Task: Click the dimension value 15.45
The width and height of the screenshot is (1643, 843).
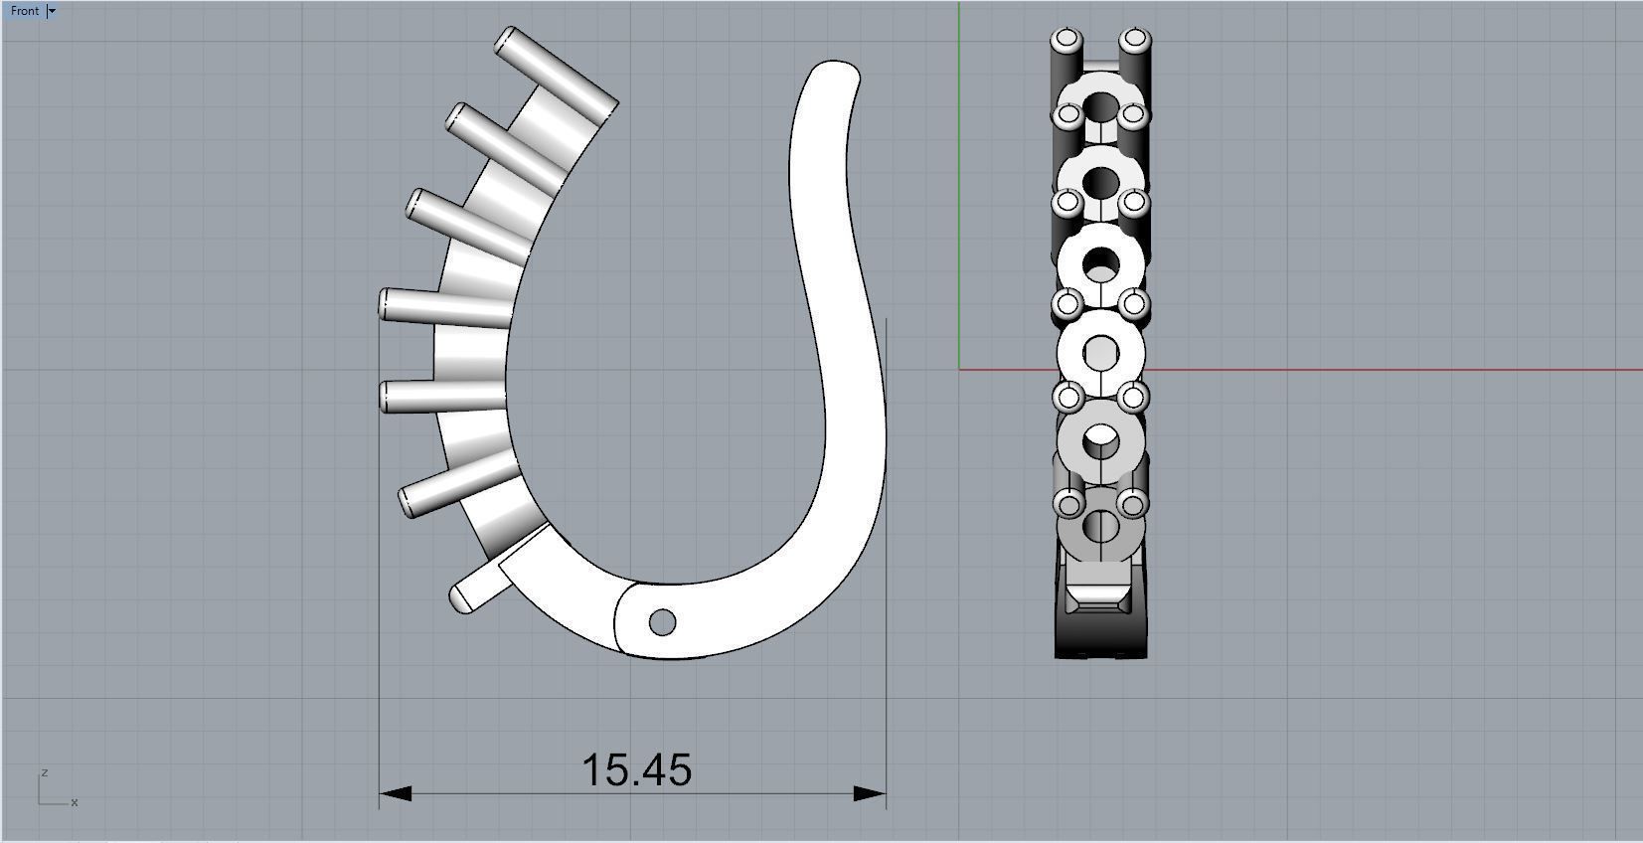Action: pyautogui.click(x=636, y=770)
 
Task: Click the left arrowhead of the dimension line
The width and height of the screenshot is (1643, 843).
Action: pyautogui.click(x=395, y=793)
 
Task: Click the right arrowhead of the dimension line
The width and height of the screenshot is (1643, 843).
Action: pyautogui.click(x=871, y=793)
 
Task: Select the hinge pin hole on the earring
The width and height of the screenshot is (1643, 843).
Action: pyautogui.click(x=662, y=623)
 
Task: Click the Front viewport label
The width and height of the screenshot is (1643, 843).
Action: pyautogui.click(x=25, y=11)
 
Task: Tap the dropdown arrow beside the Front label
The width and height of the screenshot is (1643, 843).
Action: pyautogui.click(x=53, y=11)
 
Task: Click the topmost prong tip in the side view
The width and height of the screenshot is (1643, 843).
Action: pyautogui.click(x=509, y=41)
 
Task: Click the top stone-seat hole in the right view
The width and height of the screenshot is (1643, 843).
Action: pyautogui.click(x=1100, y=106)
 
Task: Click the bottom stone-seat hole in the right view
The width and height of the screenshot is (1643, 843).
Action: pyautogui.click(x=1100, y=526)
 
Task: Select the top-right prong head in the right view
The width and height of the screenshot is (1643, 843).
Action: pyautogui.click(x=1134, y=41)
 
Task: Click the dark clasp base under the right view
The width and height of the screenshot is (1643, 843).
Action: pyautogui.click(x=1100, y=636)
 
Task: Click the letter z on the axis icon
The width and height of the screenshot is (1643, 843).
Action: pyautogui.click(x=45, y=772)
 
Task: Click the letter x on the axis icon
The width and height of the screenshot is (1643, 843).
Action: pyautogui.click(x=75, y=802)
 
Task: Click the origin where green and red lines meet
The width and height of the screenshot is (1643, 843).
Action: pyautogui.click(x=959, y=370)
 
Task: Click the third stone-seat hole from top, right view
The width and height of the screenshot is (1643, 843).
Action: pyautogui.click(x=1100, y=265)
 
